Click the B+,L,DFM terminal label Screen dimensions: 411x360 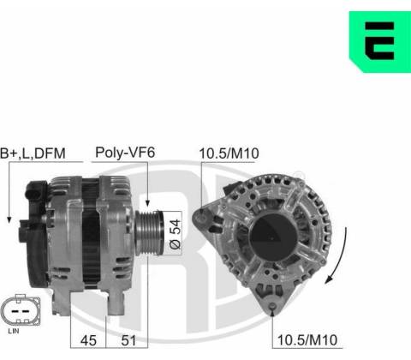pyautogui.click(x=33, y=153)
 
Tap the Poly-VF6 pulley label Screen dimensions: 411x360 pyautogui.click(x=125, y=153)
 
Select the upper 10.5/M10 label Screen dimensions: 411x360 pyautogui.click(x=229, y=153)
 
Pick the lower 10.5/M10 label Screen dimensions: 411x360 pyautogui.click(x=307, y=340)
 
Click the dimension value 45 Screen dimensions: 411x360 pyautogui.click(x=88, y=340)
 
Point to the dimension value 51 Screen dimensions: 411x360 pyautogui.click(x=128, y=340)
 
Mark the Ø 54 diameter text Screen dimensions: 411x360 pyautogui.click(x=176, y=234)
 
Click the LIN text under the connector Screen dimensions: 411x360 pyautogui.click(x=14, y=331)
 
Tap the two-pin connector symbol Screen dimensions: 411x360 pyautogui.click(x=21, y=310)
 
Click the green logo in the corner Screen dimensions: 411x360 pyautogui.click(x=380, y=42)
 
